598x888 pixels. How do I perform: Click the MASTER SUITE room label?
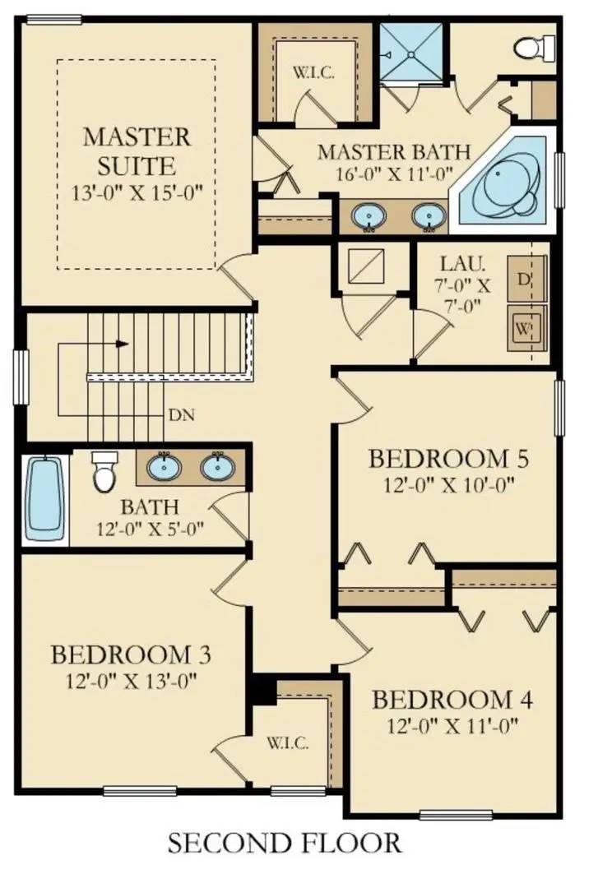[x=137, y=151]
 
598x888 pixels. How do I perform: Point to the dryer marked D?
[x=526, y=279]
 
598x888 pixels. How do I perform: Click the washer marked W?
[x=526, y=328]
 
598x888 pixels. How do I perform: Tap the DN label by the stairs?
[x=182, y=415]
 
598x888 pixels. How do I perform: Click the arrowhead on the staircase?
[x=121, y=344]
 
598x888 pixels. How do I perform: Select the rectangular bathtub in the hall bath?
[x=44, y=500]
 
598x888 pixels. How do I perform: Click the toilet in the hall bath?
[x=104, y=471]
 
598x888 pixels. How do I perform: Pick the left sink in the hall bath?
[x=165, y=467]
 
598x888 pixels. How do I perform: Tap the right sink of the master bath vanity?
[x=429, y=216]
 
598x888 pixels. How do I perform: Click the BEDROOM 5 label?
[x=448, y=459]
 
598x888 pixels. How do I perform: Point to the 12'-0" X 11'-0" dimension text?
[x=453, y=725]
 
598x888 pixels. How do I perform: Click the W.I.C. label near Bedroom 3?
[x=288, y=743]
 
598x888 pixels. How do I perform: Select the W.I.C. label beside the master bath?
[x=313, y=73]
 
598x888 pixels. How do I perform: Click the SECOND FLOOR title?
[x=285, y=843]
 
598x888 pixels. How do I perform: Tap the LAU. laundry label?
[x=462, y=263]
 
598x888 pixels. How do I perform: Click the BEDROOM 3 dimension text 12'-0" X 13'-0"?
[x=132, y=681]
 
